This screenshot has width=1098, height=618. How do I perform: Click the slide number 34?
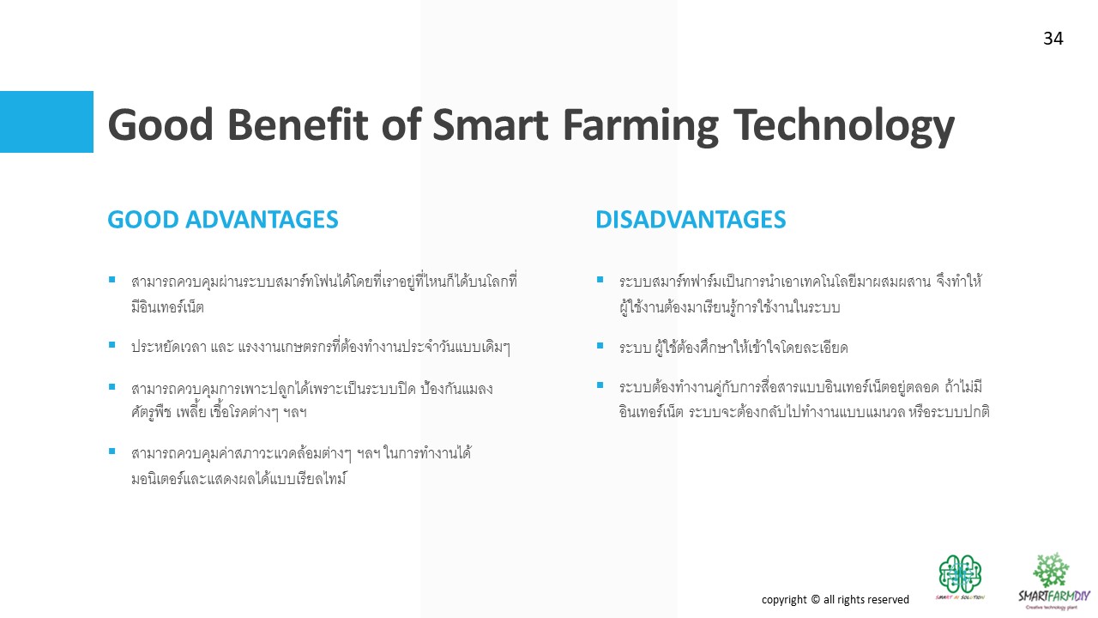[1053, 39]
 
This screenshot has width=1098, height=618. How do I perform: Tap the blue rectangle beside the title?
[46, 122]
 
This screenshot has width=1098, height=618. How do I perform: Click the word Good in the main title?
[160, 124]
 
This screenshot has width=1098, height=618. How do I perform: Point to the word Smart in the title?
[490, 124]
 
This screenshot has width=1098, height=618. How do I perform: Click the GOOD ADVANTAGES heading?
[223, 219]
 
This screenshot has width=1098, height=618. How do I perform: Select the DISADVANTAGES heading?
[691, 219]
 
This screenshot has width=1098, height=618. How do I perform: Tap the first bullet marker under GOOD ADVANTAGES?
[112, 280]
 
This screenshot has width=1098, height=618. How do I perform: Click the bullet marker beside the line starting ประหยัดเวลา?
[112, 345]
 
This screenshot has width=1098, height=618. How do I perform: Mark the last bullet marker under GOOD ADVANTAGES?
[112, 451]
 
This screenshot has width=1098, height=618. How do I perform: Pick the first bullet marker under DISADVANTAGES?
[600, 280]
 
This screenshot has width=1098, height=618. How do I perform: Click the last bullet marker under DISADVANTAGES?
[600, 385]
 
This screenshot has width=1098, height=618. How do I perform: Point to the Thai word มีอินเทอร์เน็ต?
[167, 307]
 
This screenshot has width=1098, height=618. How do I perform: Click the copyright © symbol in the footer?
[815, 599]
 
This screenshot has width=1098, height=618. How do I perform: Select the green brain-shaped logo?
[960, 574]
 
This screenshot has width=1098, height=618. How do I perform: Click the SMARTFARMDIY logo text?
[1054, 596]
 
